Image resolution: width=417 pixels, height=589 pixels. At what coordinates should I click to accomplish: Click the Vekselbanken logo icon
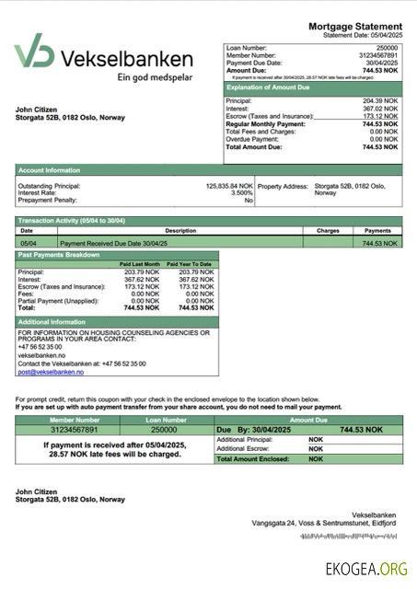[x=34, y=52]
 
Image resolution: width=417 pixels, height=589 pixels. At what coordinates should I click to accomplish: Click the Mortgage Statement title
[x=354, y=26]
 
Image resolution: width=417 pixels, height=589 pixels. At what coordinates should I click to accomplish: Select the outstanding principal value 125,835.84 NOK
[x=229, y=186]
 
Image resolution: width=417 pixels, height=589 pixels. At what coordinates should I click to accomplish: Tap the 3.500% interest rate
[x=241, y=193]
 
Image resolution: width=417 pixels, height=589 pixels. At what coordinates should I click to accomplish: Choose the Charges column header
[x=328, y=231]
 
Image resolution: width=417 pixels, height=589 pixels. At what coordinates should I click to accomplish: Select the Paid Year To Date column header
[x=192, y=264]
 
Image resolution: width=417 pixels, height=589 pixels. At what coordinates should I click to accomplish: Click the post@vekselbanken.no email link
[x=51, y=372]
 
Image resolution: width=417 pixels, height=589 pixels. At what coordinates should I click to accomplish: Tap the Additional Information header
[x=52, y=321]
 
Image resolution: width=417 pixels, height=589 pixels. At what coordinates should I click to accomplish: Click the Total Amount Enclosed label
[x=259, y=458]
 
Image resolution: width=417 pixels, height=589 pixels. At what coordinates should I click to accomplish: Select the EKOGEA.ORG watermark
[x=365, y=569]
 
